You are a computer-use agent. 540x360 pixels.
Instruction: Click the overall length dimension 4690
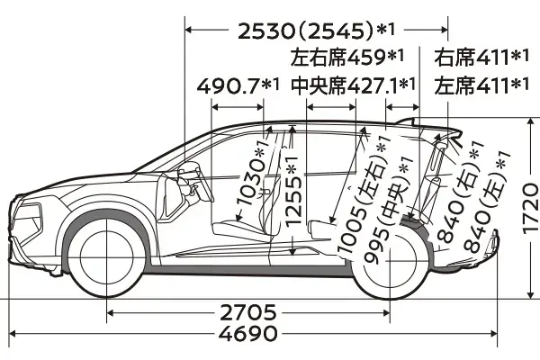pos(248,334)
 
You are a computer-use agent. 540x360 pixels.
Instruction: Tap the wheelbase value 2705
pos(248,313)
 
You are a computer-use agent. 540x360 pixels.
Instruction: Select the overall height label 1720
pos(531,209)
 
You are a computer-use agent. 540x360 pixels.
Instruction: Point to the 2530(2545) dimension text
pos(305,31)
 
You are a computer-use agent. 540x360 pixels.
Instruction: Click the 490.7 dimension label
pos(228,86)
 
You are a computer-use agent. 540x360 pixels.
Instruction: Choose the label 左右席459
pos(337,58)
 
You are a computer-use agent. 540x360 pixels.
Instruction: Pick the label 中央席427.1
pos(345,85)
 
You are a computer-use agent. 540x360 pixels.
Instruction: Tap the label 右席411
pos(471,58)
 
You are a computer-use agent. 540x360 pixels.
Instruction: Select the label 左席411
pos(471,85)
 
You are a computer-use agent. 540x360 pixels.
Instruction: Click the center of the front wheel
pos(107,256)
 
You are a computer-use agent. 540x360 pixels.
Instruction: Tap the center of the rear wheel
pos(390,262)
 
